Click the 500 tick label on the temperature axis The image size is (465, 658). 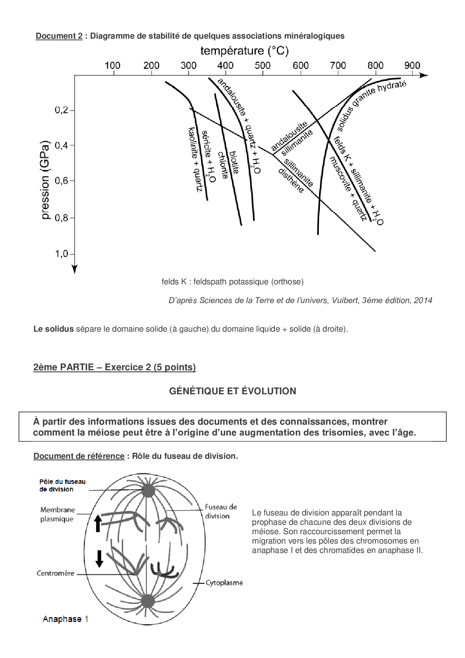[x=262, y=66]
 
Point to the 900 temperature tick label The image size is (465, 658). [x=412, y=66]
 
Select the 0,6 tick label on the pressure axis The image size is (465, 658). [x=62, y=181]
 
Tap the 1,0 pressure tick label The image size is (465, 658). [x=62, y=254]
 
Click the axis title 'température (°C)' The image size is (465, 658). [x=244, y=51]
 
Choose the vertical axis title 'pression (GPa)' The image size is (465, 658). [x=45, y=180]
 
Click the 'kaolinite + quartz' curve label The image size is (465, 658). [x=195, y=159]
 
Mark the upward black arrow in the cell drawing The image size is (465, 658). [x=98, y=523]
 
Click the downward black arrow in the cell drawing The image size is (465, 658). [x=99, y=559]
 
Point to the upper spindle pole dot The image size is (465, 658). [x=148, y=491]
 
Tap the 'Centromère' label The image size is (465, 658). [x=55, y=573]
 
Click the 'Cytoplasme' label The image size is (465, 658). [x=224, y=583]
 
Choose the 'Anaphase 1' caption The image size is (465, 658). [x=66, y=619]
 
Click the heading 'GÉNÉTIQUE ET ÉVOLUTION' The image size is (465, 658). [x=232, y=391]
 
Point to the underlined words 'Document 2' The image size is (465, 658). [x=59, y=36]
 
